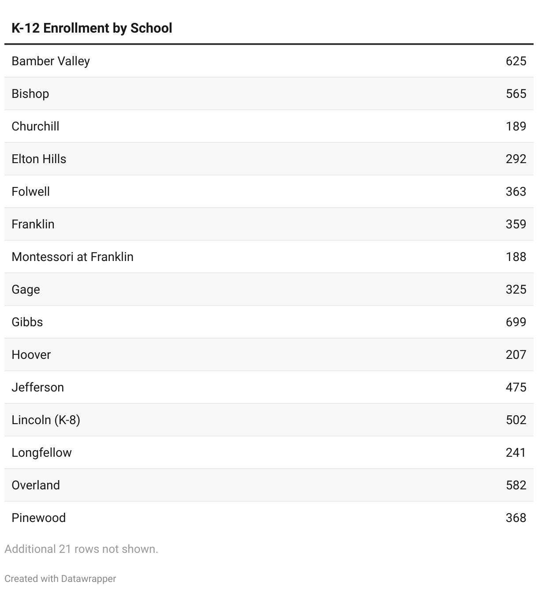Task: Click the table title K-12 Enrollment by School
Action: (92, 28)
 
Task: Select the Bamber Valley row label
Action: (51, 61)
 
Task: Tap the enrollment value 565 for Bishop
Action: (516, 93)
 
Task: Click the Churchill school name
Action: (35, 126)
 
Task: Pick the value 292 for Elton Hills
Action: (516, 159)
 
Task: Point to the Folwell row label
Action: (30, 191)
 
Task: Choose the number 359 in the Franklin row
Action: (516, 224)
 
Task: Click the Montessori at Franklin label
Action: (72, 257)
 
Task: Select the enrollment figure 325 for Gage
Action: (516, 289)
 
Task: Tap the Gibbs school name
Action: (27, 322)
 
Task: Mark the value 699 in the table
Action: (516, 322)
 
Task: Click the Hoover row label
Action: (31, 354)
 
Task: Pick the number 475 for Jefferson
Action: (516, 387)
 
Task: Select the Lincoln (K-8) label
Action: (46, 420)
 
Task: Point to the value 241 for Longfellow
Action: (516, 452)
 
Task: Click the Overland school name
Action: (36, 485)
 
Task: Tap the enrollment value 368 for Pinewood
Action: (516, 518)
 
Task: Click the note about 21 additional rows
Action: (81, 549)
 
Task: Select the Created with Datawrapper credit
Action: (60, 578)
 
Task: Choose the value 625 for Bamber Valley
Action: (516, 61)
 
